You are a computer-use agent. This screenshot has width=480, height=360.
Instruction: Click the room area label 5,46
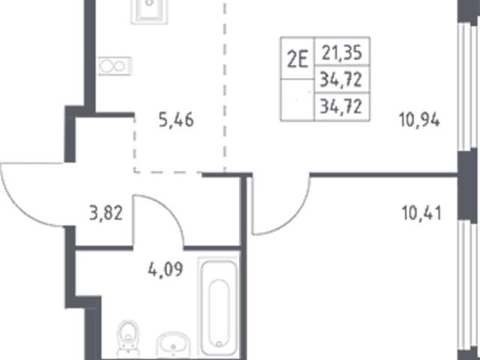(176, 120)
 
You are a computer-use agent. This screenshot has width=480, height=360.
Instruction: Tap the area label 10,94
(419, 120)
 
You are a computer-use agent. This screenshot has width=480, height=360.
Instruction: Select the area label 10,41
(421, 213)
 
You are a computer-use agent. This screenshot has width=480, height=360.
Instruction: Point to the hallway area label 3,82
(106, 213)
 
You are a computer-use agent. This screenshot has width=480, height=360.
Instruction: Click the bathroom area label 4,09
(166, 269)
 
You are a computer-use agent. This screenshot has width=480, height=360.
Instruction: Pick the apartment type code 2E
(297, 59)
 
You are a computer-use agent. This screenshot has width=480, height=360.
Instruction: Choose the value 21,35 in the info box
(342, 52)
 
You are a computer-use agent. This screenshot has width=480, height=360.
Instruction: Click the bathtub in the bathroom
(218, 307)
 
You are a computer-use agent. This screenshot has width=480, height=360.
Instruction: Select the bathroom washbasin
(173, 344)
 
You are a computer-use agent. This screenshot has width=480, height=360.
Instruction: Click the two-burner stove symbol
(115, 66)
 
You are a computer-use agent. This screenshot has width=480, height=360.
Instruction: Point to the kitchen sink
(149, 11)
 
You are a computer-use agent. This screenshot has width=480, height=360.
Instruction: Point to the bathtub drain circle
(218, 343)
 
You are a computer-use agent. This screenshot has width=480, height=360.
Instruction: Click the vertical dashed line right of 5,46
(225, 86)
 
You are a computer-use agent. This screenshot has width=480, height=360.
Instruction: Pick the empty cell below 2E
(297, 100)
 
